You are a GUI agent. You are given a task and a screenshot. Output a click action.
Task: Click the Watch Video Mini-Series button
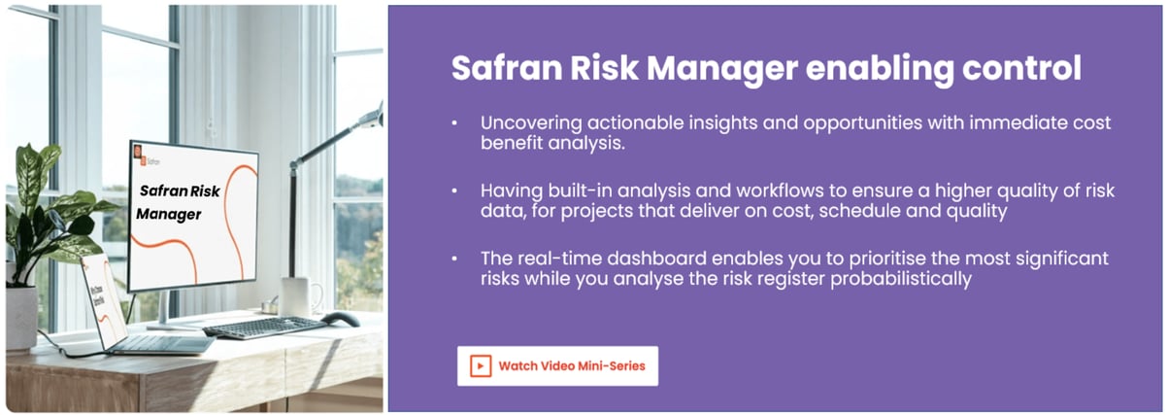coord(557,366)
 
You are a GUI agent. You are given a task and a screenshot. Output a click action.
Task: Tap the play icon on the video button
coord(480,366)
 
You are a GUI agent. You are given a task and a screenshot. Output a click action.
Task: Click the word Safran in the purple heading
coord(503,68)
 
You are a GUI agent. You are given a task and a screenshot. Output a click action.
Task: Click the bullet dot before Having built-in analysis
coord(454,191)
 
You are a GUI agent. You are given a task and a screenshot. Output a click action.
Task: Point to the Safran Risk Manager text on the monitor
coord(179,202)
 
